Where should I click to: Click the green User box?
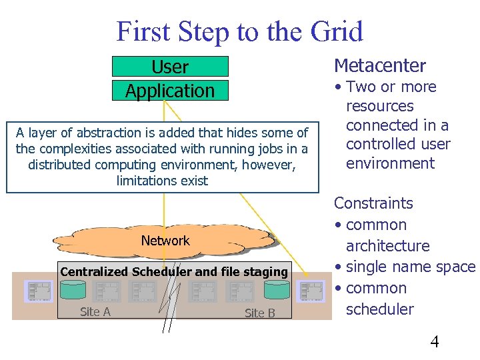click(170, 67)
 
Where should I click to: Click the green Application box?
click(170, 91)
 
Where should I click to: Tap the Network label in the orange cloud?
click(165, 241)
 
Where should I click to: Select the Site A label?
click(95, 311)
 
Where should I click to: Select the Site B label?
click(259, 313)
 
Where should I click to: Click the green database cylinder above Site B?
click(277, 290)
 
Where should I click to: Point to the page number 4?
click(434, 342)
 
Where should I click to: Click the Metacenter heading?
click(379, 65)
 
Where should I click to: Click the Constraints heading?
click(373, 203)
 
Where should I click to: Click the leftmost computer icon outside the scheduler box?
click(38, 291)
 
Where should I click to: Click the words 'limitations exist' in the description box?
click(162, 181)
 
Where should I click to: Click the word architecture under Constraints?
click(387, 246)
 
